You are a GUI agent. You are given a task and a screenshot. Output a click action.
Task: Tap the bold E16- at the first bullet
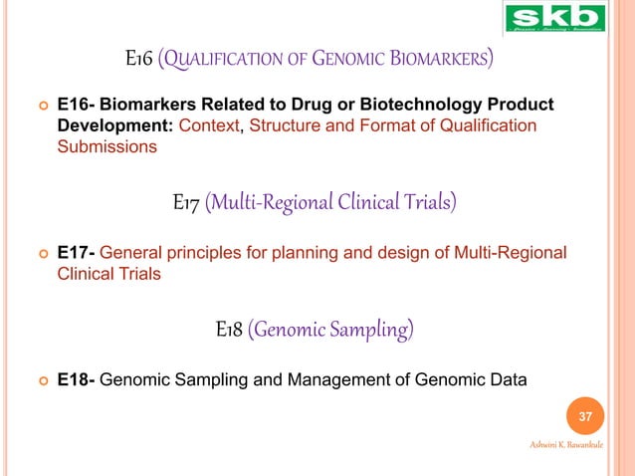(77, 107)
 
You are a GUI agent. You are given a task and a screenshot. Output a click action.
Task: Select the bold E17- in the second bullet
(77, 254)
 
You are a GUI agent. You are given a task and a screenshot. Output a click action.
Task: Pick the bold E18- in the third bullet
(77, 379)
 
